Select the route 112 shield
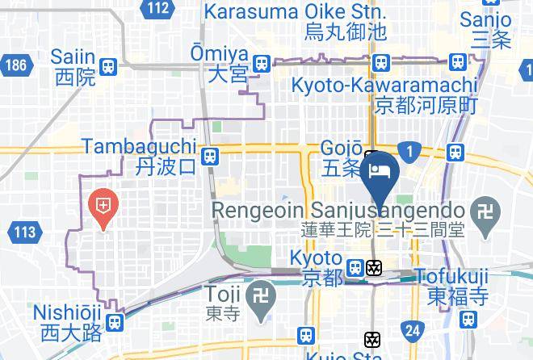[x=159, y=9]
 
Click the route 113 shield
[x=24, y=233]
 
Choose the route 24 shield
[x=413, y=329]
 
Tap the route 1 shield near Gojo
[x=411, y=151]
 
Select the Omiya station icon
[x=260, y=64]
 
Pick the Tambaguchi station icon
[x=210, y=156]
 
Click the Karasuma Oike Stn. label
[x=295, y=13]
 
